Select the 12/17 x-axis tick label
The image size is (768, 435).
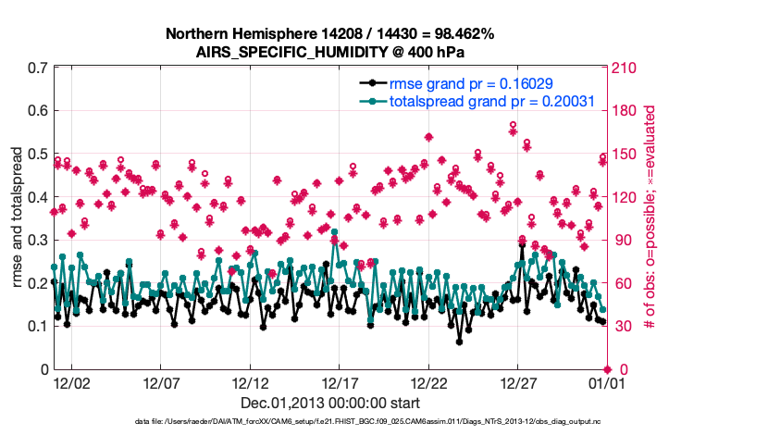341,381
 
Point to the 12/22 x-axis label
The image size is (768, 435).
430,381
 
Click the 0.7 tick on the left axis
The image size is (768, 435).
38,68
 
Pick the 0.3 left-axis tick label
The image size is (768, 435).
38,240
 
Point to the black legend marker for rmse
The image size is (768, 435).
372,82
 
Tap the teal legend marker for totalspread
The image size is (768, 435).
372,101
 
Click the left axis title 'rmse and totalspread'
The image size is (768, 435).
18,218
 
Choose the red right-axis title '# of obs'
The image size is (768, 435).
650,217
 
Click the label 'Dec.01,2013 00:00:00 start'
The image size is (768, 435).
329,403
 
